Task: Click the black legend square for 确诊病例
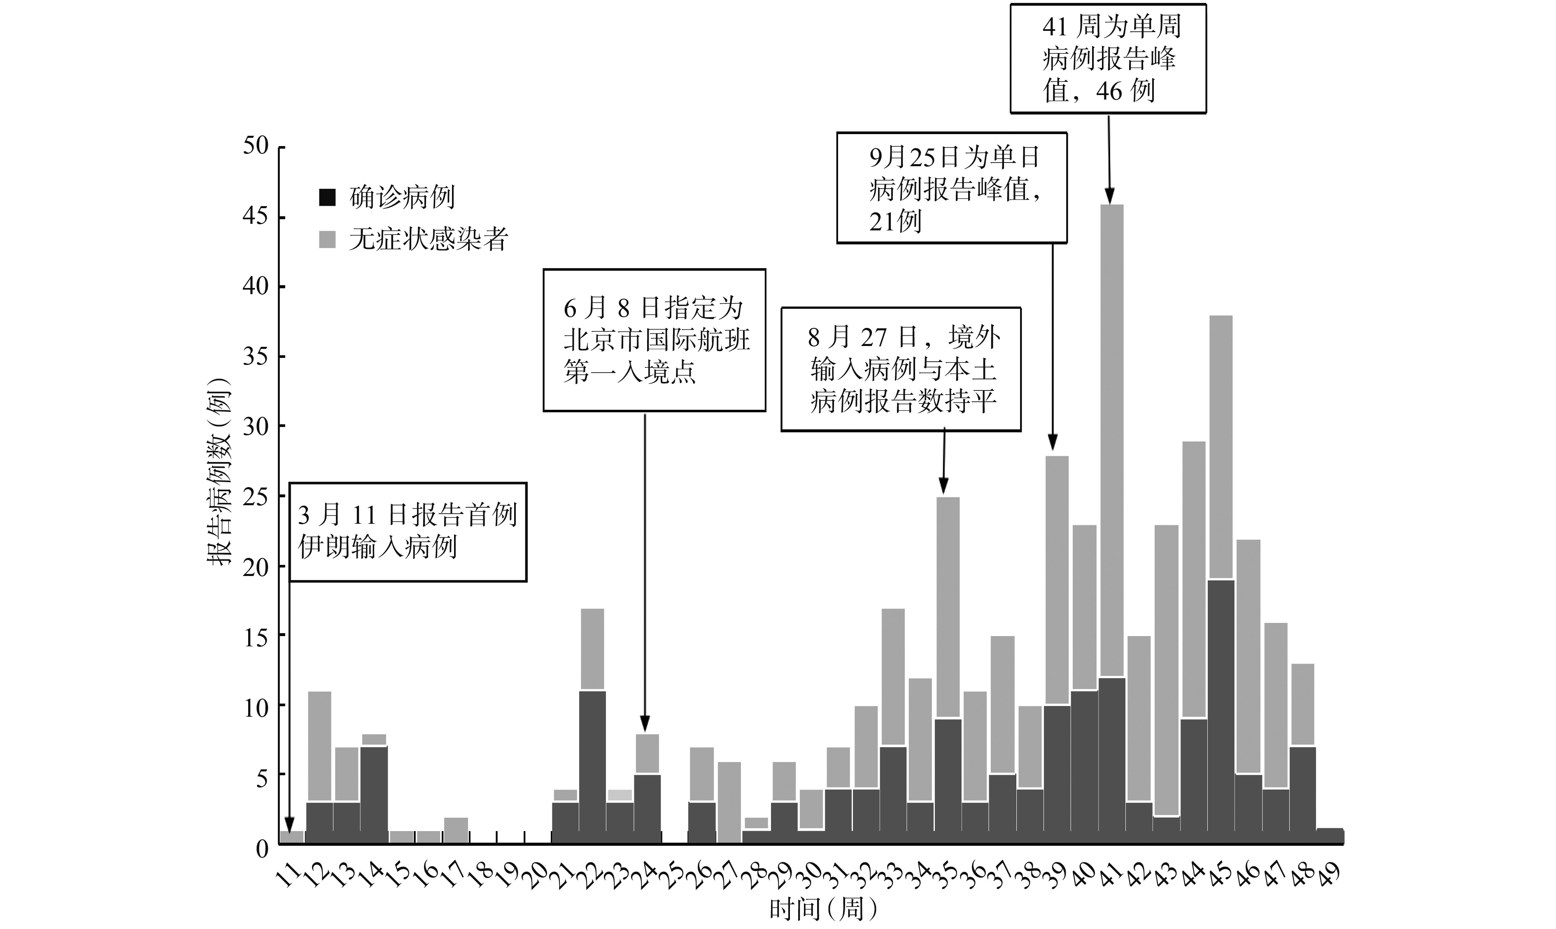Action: pyautogui.click(x=327, y=197)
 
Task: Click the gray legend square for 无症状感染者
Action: pyautogui.click(x=327, y=239)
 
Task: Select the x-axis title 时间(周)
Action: pyautogui.click(x=823, y=909)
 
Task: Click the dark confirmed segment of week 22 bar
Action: pyautogui.click(x=592, y=767)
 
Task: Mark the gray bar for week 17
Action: pyautogui.click(x=455, y=830)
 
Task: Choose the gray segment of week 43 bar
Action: pyautogui.click(x=1166, y=670)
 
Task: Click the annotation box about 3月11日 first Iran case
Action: pyautogui.click(x=408, y=532)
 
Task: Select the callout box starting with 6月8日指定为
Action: pyautogui.click(x=654, y=340)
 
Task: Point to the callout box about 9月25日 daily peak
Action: pyautogui.click(x=951, y=188)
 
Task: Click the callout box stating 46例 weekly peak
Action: pyautogui.click(x=1108, y=59)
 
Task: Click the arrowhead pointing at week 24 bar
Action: pyautogui.click(x=645, y=724)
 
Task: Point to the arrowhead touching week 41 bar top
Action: pyautogui.click(x=1109, y=196)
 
